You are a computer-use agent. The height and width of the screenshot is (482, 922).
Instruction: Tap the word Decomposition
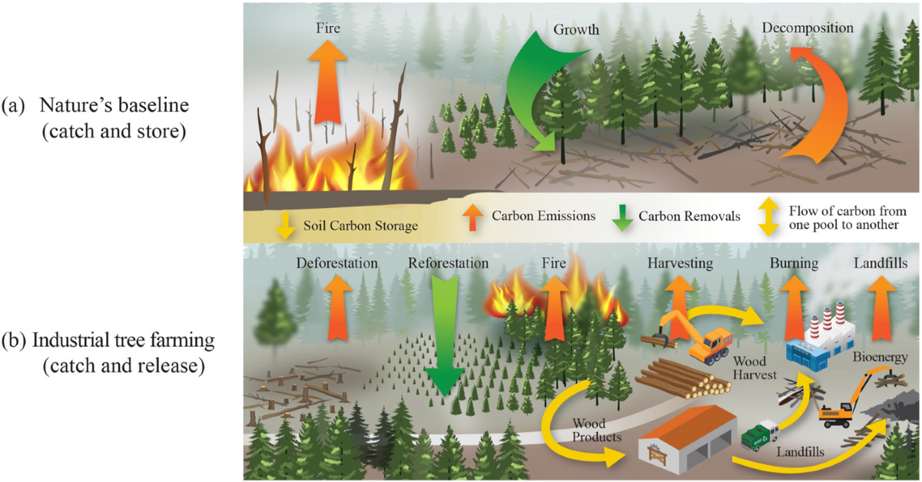point(808,28)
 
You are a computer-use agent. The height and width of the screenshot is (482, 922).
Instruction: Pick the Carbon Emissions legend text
point(543,216)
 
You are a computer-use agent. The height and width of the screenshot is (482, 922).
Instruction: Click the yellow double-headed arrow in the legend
point(768,217)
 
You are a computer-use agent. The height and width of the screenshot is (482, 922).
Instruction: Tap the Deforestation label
point(337,263)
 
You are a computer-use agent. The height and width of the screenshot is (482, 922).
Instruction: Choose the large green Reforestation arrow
point(444,338)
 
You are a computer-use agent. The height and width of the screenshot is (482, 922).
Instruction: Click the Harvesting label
point(679,263)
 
